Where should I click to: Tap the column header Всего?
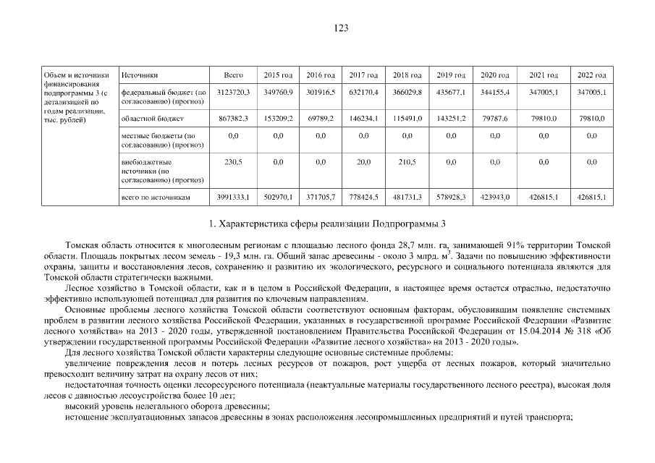(x=233, y=75)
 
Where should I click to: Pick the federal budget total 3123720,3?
(x=233, y=93)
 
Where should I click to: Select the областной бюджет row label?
(x=143, y=118)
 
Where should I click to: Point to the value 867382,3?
(x=233, y=118)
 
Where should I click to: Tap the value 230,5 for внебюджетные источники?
(x=233, y=162)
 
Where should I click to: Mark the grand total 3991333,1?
(x=233, y=197)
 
